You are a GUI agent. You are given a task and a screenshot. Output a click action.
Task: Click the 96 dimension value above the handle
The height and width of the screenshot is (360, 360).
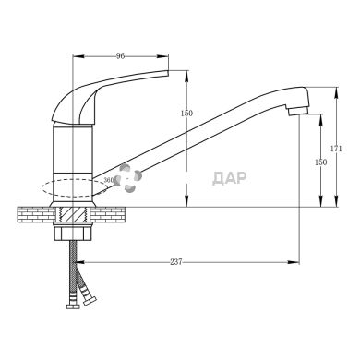pos(120,56)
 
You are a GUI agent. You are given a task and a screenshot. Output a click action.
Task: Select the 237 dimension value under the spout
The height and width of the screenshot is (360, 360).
pos(176,262)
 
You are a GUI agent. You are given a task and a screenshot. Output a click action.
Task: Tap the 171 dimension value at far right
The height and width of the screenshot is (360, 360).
pos(336,149)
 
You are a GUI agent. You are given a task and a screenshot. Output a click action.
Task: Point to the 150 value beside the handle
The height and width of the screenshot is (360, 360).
pos(186,114)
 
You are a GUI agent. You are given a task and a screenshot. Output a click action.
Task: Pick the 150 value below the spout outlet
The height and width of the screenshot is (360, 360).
pos(321,162)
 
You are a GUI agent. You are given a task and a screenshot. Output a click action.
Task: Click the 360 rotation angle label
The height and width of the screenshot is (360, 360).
pos(109,180)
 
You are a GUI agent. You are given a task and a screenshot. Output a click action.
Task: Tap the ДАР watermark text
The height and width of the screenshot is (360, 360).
pos(230,178)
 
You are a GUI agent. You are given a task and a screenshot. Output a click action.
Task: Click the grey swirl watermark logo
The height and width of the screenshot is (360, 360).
pos(127,178)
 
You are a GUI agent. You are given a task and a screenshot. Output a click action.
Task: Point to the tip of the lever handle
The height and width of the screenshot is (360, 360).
pos(168,73)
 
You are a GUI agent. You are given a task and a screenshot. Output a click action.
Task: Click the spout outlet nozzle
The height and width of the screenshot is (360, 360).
pos(297,111)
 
